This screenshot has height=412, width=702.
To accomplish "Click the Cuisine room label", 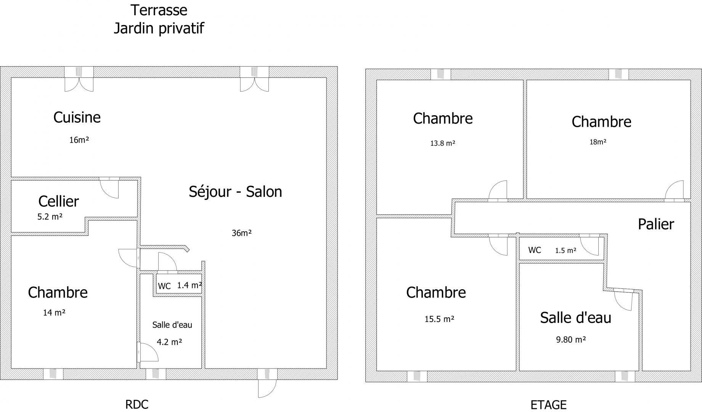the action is coord(77,117).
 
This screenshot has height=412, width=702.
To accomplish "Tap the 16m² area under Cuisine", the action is coord(79,140).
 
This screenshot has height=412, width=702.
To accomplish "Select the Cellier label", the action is coord(59,201).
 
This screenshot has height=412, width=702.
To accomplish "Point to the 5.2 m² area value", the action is coord(50,217).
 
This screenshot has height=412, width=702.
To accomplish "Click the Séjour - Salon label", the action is coord(235,192).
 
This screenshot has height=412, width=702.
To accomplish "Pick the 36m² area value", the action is coord(242,233).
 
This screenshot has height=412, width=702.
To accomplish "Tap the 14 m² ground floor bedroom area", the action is coord(54,313).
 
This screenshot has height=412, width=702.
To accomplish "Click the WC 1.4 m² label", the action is coord(180,285).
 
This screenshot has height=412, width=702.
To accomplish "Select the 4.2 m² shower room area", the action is coord(169,342).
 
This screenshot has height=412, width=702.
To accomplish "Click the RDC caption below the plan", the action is coord(137,404).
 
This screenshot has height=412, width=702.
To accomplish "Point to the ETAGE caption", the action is coord(549,405).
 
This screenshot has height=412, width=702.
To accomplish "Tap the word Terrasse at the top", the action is coord(159,10).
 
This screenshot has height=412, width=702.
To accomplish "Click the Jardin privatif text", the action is coord(159,28).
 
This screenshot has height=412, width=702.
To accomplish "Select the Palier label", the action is coord(656,224).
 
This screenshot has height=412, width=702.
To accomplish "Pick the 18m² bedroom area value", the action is coord(598,142).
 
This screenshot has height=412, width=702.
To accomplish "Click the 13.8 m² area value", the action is coord(443,143).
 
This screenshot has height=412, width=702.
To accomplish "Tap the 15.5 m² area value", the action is coord(439,319).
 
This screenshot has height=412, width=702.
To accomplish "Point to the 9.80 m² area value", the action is coord(571,339).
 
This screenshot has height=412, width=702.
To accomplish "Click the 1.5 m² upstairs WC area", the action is coord(565,251).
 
